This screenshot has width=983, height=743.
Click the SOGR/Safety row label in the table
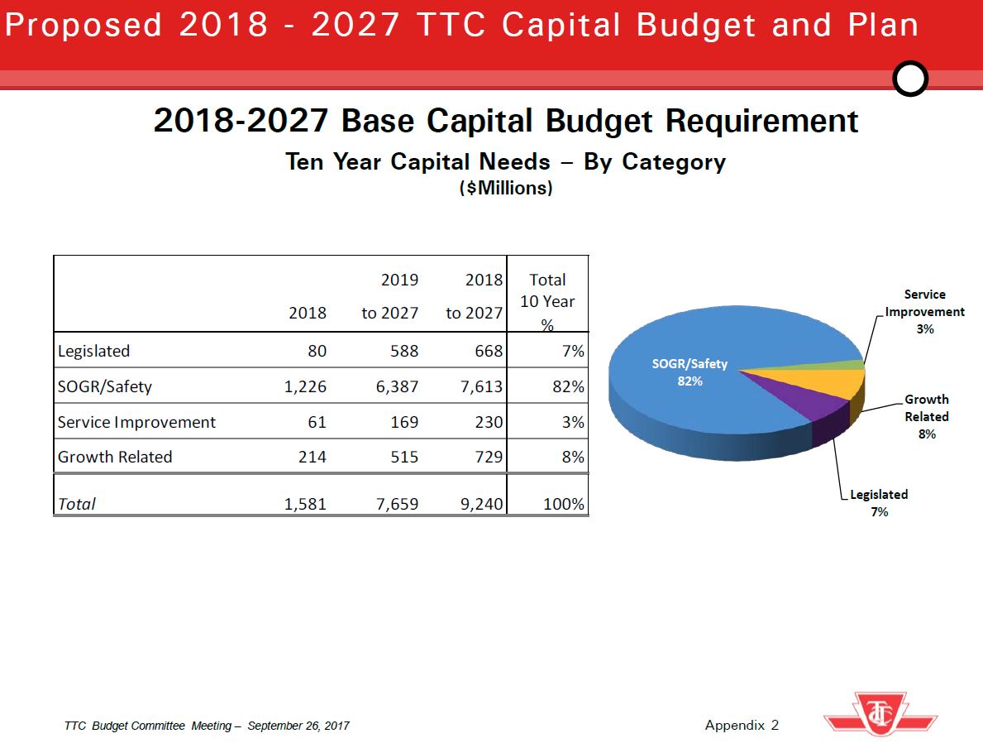click(x=105, y=386)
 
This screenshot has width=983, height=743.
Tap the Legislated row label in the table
click(x=93, y=351)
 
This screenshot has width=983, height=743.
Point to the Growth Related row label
click(x=115, y=457)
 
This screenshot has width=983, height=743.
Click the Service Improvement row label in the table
click(x=136, y=422)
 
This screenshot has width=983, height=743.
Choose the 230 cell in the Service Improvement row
click(x=487, y=422)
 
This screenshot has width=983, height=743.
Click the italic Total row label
click(x=77, y=503)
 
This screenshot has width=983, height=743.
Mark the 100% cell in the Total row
click(x=564, y=503)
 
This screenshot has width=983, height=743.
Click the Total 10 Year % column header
click(x=547, y=301)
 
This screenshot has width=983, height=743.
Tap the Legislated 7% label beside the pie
click(x=879, y=503)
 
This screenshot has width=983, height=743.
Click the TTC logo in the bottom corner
click(x=880, y=713)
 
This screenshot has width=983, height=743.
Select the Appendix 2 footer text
click(x=742, y=726)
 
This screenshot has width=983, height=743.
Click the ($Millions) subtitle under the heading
click(x=505, y=189)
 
